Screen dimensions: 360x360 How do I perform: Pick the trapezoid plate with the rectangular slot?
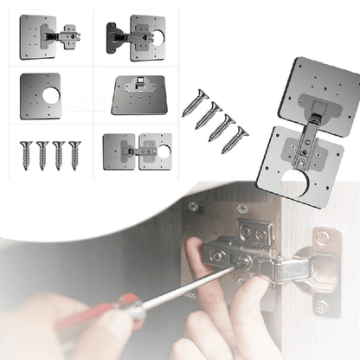click(x=138, y=95)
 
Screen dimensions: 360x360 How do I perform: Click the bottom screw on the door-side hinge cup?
click(x=322, y=305)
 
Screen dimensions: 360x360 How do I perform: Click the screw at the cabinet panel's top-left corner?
click(x=193, y=207)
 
